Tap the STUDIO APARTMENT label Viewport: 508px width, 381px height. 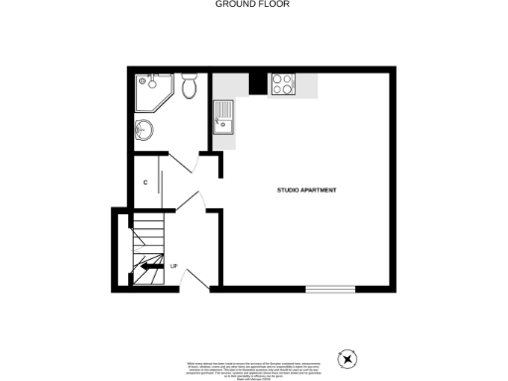pyautogui.click(x=307, y=190)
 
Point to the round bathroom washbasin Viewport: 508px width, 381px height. pyautogui.click(x=146, y=127)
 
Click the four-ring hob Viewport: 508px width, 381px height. pyautogui.click(x=281, y=85)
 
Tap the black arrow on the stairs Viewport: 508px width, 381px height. pyautogui.click(x=153, y=266)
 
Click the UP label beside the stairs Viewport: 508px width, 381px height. pyautogui.click(x=173, y=266)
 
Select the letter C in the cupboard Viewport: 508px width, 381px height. pyautogui.click(x=145, y=183)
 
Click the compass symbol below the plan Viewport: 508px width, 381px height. pyautogui.click(x=347, y=358)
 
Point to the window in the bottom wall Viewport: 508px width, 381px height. pyautogui.click(x=329, y=290)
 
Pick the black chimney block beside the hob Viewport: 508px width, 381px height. pyautogui.click(x=256, y=84)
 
